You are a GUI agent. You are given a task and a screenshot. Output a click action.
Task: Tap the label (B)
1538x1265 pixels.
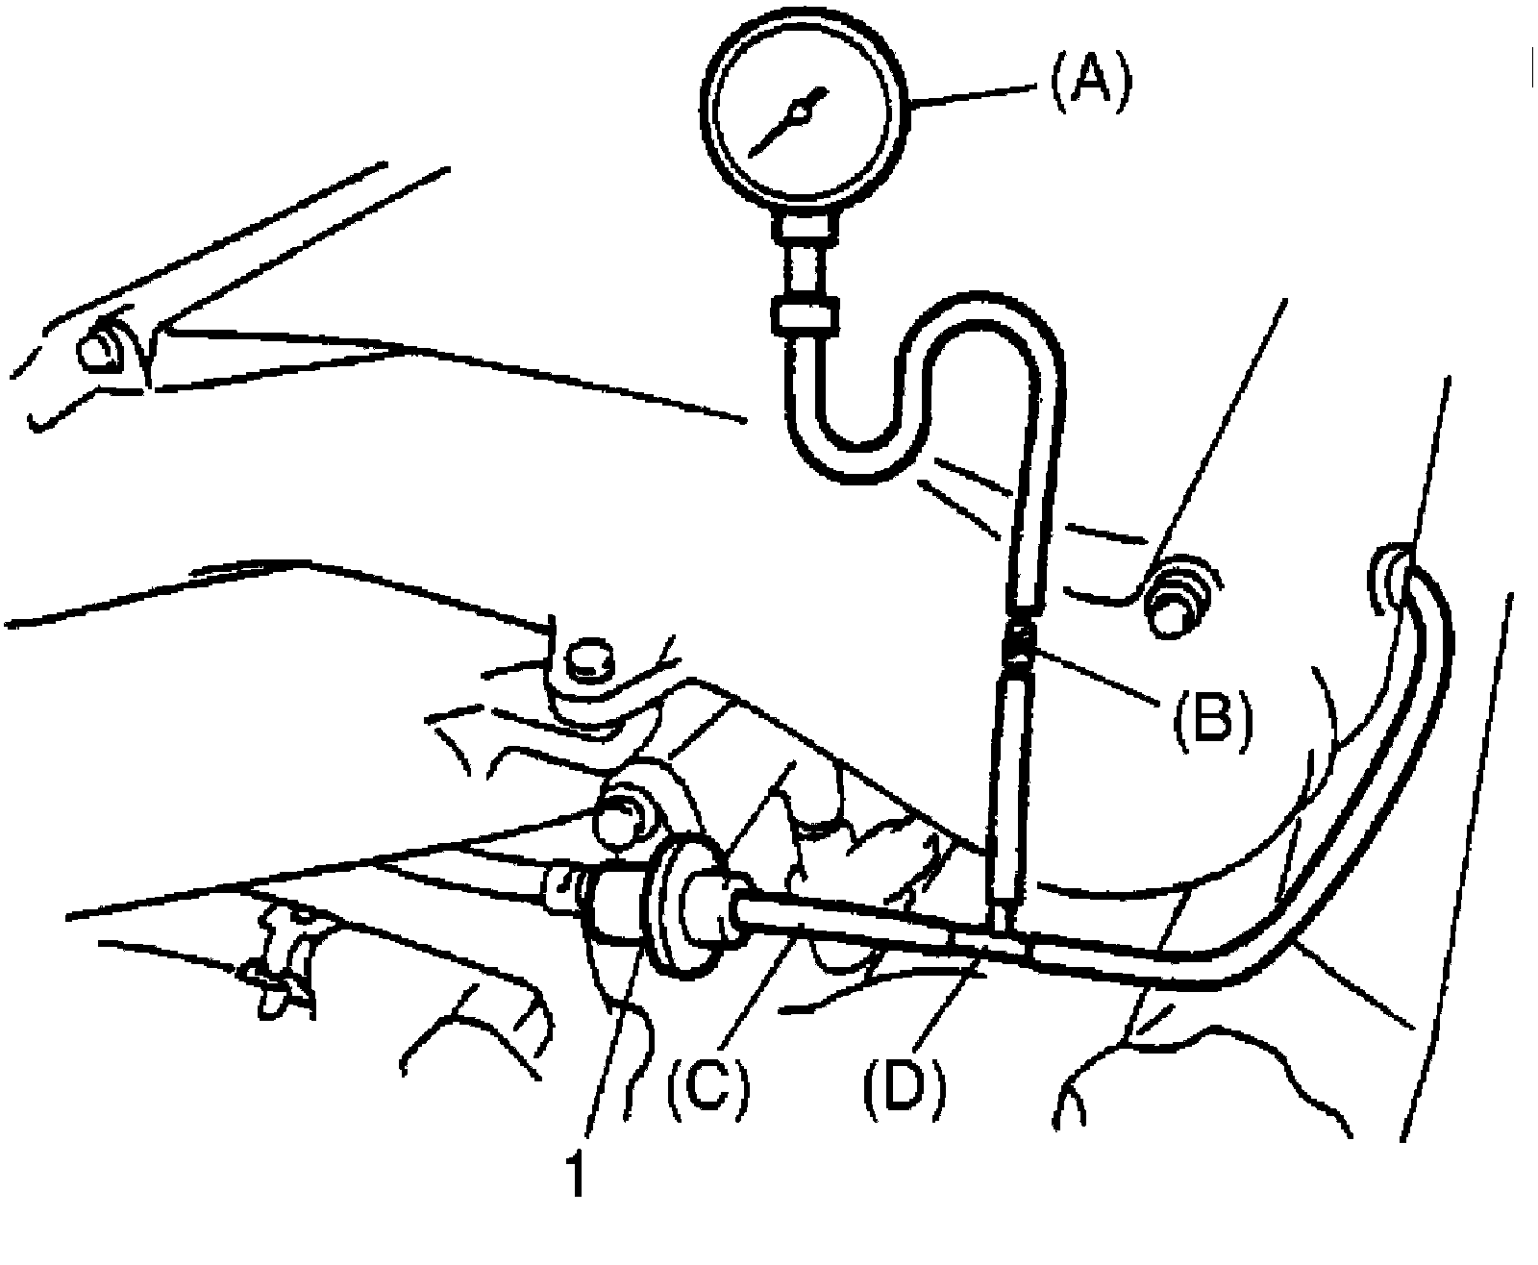[1211, 716]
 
